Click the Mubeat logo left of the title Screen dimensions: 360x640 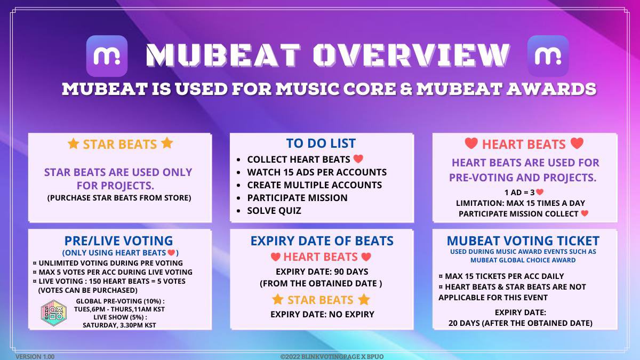pyautogui.click(x=107, y=55)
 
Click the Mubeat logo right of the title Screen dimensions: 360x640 pyautogui.click(x=548, y=55)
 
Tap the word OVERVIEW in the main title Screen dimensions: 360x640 pyautogui.click(x=411, y=55)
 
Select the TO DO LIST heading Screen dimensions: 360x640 pyautogui.click(x=321, y=143)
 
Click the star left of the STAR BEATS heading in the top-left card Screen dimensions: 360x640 pyautogui.click(x=73, y=144)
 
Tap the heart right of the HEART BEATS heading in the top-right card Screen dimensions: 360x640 pyautogui.click(x=577, y=143)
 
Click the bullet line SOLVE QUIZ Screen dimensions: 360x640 pyautogui.click(x=274, y=211)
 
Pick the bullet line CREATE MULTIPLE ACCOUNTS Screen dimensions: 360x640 pyautogui.click(x=314, y=185)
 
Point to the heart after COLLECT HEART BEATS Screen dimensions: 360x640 pyautogui.click(x=358, y=159)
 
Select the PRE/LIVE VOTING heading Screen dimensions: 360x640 pyautogui.click(x=118, y=241)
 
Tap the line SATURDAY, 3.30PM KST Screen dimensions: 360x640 pyautogui.click(x=119, y=325)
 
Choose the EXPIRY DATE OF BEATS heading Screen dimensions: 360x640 pyautogui.click(x=322, y=241)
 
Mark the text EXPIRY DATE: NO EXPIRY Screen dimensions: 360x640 pyautogui.click(x=322, y=314)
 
